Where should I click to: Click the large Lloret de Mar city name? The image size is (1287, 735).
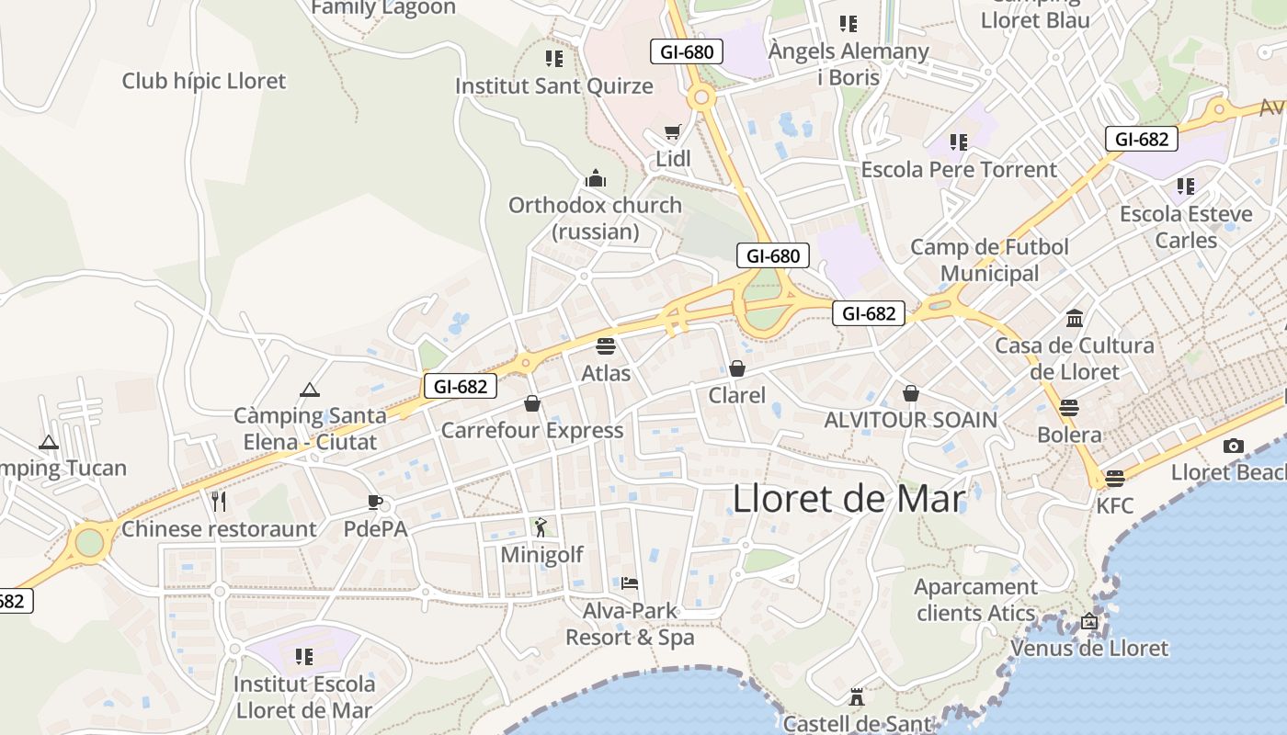click(849, 499)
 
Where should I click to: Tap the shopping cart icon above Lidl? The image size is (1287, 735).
click(673, 132)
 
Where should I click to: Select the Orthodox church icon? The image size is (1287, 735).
click(596, 178)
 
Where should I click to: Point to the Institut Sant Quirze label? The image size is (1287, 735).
click(554, 86)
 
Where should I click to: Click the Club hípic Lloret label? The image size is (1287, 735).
click(204, 81)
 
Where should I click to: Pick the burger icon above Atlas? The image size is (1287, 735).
click(605, 346)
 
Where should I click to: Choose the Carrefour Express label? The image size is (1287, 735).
click(532, 430)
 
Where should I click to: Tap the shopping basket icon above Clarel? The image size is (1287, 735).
click(736, 368)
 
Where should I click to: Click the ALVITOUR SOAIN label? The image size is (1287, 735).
click(910, 420)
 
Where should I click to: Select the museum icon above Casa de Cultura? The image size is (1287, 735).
click(1074, 319)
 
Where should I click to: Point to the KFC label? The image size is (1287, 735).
click(1114, 505)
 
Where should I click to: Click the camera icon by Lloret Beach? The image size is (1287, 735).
click(1233, 447)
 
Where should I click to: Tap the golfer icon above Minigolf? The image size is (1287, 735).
click(541, 527)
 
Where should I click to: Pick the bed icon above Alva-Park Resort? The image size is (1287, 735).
click(630, 582)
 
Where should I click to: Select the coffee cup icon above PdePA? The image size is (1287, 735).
click(374, 501)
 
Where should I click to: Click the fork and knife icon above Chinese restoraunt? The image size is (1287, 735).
click(219, 501)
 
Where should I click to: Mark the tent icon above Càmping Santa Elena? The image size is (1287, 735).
click(309, 390)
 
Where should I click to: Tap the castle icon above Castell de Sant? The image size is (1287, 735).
click(857, 697)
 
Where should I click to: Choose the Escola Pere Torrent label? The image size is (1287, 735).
click(959, 170)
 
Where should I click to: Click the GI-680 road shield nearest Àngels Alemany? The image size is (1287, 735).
click(687, 51)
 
